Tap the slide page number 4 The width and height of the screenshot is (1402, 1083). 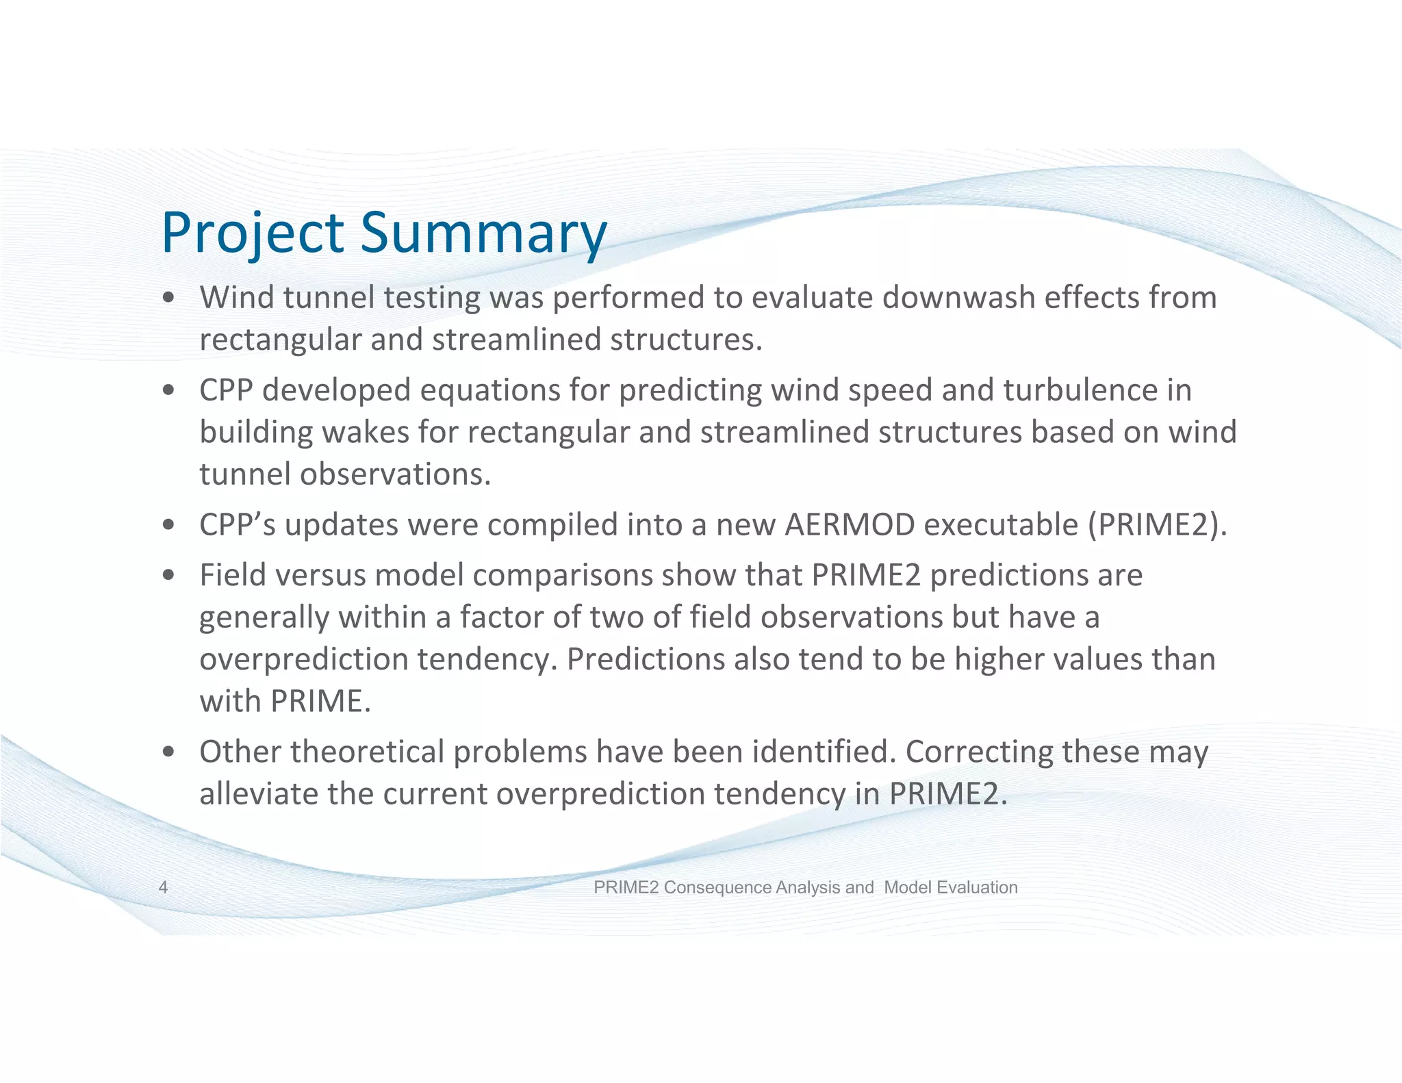pyautogui.click(x=163, y=887)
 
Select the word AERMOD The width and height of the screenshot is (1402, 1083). pyautogui.click(x=850, y=525)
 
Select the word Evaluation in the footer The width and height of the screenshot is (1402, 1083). pyautogui.click(x=977, y=887)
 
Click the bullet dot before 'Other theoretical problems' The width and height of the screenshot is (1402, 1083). pyautogui.click(x=168, y=752)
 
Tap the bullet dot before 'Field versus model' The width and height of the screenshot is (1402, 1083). pyautogui.click(x=168, y=576)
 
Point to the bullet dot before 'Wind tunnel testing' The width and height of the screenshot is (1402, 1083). pyautogui.click(x=168, y=298)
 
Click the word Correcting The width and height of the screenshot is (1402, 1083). pyautogui.click(x=979, y=752)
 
